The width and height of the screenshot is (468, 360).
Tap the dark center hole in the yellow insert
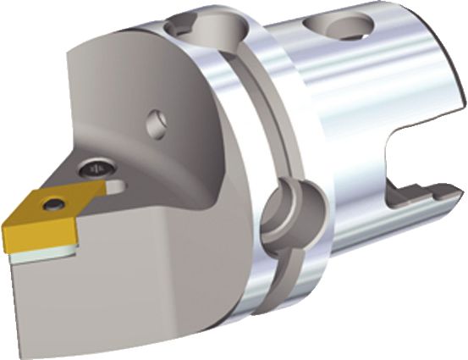tap(55, 203)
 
